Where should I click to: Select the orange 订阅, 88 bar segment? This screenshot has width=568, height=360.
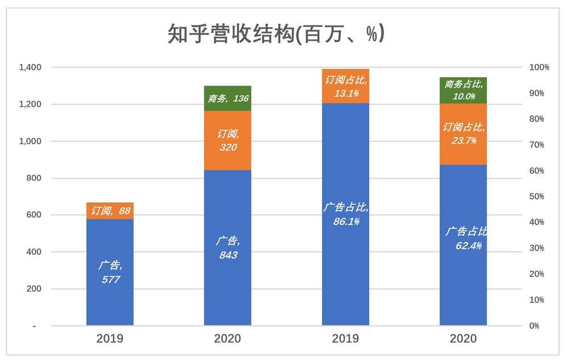coord(110,211)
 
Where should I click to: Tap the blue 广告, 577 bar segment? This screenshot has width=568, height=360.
coord(110,272)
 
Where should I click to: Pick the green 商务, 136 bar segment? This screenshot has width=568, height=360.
coord(228,99)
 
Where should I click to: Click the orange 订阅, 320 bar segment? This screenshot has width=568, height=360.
coord(228,140)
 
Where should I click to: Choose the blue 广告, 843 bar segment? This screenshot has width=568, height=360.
coord(228,248)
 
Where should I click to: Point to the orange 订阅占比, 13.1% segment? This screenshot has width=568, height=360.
coord(345,86)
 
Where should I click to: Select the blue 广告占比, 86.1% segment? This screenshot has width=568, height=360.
coord(345,215)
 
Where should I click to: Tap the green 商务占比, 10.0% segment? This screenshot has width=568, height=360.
coord(463,90)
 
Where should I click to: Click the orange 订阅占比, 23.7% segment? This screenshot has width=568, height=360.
coord(463,134)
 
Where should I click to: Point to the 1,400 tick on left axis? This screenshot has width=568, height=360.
coord(30,68)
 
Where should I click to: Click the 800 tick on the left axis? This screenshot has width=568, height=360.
coord(34,178)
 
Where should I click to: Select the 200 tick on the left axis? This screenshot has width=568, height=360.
coord(34,289)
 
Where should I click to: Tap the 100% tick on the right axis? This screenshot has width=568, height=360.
coord(539,68)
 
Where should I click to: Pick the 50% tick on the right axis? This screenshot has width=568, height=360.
coord(537,196)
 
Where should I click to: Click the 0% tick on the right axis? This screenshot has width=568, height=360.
coord(534,326)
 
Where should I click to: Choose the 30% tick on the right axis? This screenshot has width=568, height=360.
coord(537,248)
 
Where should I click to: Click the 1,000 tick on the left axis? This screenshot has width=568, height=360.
coord(30,141)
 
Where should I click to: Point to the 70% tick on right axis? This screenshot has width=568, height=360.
coord(537,145)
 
